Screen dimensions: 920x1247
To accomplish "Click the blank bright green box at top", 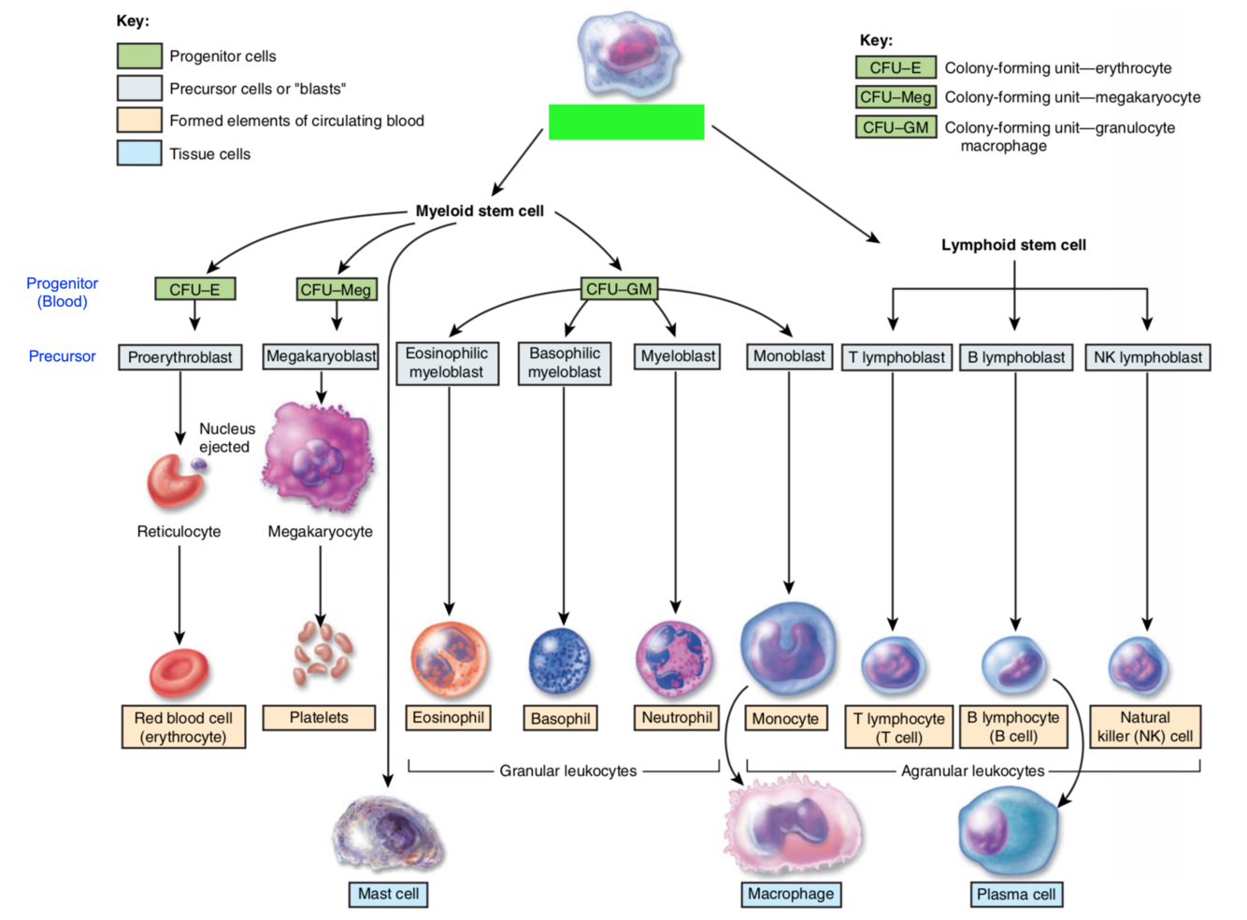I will click(x=625, y=122).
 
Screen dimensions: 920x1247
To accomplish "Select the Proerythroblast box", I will click(x=180, y=357).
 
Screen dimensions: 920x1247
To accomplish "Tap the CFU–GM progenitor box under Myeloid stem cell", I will click(x=619, y=289).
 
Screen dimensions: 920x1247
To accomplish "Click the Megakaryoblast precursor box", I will click(x=321, y=356).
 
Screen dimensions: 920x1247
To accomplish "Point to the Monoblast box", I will click(x=789, y=356).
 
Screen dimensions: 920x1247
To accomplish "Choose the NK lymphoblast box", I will click(x=1147, y=357).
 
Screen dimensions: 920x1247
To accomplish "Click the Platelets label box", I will click(x=319, y=717).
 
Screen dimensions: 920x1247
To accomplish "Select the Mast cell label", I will click(x=388, y=894).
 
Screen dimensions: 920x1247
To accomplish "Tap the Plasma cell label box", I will click(x=1016, y=894).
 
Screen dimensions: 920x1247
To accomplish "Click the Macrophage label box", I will click(x=791, y=894).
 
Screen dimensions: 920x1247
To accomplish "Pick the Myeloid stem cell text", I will click(x=480, y=211).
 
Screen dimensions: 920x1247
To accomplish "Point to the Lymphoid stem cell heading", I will click(x=1013, y=245).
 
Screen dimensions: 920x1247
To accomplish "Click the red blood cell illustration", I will click(x=179, y=672).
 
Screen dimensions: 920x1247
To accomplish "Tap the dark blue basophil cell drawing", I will click(x=560, y=662).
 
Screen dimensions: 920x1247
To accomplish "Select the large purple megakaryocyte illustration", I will click(x=319, y=457).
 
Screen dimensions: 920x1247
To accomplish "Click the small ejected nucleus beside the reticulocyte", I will click(x=199, y=465).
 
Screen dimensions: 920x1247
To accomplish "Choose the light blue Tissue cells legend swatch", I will click(x=139, y=153).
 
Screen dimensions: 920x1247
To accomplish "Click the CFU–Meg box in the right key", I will click(x=896, y=97).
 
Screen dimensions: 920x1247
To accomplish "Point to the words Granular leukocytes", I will click(x=567, y=771).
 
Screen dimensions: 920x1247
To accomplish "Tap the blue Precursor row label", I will click(x=62, y=356).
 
